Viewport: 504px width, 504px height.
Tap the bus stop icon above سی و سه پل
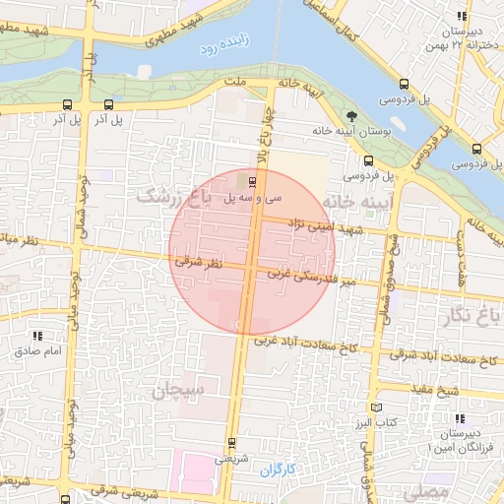pyautogui.click(x=253, y=181)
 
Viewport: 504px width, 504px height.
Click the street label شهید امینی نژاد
pyautogui.click(x=318, y=226)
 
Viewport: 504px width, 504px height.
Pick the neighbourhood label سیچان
pyautogui.click(x=178, y=391)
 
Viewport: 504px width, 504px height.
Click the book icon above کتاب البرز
pyautogui.click(x=375, y=408)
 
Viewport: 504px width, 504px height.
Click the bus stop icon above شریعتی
pyautogui.click(x=231, y=442)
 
